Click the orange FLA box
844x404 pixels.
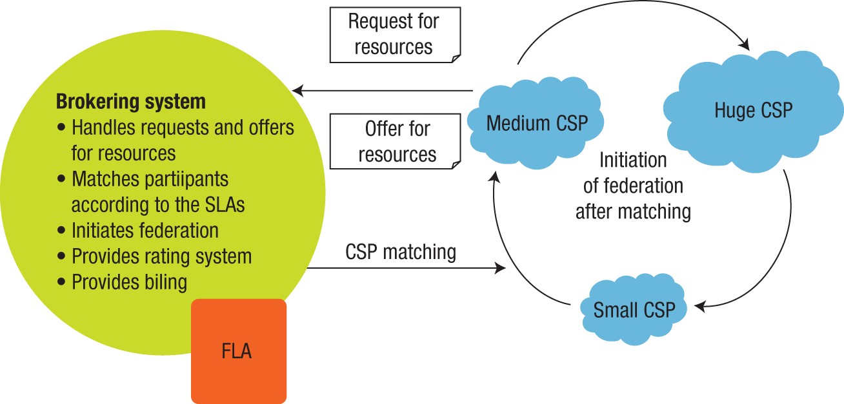tap(238, 351)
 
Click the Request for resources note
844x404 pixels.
tap(394, 35)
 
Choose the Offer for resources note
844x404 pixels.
tap(397, 141)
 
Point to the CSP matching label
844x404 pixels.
tap(400, 252)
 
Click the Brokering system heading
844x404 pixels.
tap(130, 102)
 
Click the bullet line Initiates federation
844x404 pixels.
tap(145, 230)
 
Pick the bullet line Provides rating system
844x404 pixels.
tap(161, 256)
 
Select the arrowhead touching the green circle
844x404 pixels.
tap(296, 91)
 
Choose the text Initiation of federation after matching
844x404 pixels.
tap(633, 186)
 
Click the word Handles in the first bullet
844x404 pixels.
tap(102, 128)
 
